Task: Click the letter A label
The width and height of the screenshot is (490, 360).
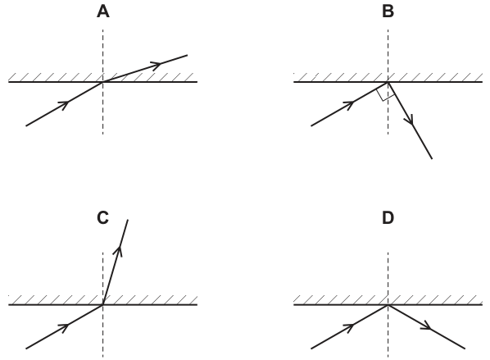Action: coord(103,11)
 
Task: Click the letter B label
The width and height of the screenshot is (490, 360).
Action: coord(388,11)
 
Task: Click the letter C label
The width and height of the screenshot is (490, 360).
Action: coord(102,217)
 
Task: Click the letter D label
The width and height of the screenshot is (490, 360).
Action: coord(388,218)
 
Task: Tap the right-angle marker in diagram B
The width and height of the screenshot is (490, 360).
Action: coord(383,95)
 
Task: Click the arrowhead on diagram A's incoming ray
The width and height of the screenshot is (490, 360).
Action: coord(65,104)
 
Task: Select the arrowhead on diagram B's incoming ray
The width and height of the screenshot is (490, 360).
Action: coord(350,104)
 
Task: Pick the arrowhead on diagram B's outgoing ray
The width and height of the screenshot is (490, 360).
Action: coord(411,120)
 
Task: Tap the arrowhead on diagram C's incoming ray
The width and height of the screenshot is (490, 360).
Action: coord(65,327)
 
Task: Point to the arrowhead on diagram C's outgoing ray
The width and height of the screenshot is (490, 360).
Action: coord(119,251)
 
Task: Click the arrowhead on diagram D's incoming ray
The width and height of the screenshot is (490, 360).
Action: coord(350,327)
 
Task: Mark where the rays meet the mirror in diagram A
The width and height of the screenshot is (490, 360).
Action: coord(102,82)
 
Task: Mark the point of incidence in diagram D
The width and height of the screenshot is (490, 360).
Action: coord(388,304)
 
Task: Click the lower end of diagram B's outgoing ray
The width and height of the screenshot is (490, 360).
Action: coord(432,158)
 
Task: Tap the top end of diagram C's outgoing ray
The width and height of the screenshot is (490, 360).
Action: coord(128,220)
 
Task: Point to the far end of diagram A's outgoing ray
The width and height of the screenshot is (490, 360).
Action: coord(187,56)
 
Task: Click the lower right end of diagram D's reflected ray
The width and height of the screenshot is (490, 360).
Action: coord(465,349)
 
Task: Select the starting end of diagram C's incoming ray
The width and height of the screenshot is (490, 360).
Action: coord(26,349)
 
